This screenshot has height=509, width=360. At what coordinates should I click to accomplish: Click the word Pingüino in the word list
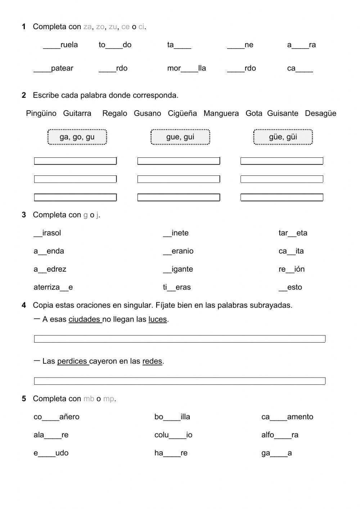point(41,113)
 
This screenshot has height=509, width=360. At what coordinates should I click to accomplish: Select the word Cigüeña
point(182,113)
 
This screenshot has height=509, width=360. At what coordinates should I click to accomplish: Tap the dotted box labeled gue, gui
point(180,137)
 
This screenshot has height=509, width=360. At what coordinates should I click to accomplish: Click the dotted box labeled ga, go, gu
point(77,137)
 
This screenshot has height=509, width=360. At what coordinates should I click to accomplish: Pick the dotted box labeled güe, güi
point(283,137)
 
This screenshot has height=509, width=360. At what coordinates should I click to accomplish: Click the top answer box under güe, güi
point(282,161)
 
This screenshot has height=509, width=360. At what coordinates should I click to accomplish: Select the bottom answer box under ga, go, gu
point(75,197)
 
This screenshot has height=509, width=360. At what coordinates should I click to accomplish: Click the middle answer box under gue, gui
point(179,179)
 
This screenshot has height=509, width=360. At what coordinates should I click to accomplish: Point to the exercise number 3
point(24,215)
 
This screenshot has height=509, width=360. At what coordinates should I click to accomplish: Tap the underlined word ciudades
point(85,320)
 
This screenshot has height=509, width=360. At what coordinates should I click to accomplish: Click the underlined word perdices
point(72,361)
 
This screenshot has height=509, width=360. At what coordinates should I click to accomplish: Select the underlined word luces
point(158,320)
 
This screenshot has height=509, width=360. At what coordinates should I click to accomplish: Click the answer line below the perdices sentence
point(180,381)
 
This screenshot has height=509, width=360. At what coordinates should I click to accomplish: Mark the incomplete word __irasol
point(47,233)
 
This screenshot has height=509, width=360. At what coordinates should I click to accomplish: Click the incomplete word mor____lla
point(186,68)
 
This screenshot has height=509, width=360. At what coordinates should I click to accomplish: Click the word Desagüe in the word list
point(320,113)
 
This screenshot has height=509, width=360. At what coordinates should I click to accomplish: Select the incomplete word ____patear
point(53,68)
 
